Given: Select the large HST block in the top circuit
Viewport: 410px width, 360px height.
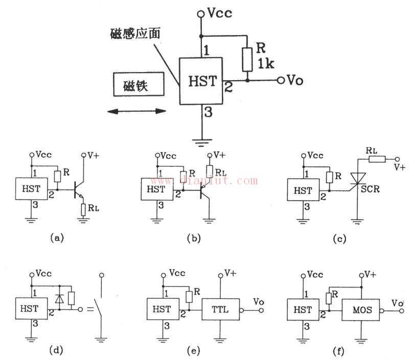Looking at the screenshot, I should (x=200, y=82).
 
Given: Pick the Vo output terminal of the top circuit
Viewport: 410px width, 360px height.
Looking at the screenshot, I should (x=281, y=80).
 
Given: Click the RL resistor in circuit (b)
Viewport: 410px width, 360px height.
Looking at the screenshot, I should (x=209, y=171).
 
